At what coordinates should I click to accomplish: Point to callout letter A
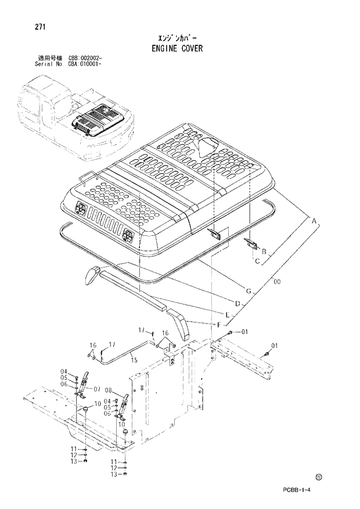point(315,222)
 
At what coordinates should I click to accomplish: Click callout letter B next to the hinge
point(264,251)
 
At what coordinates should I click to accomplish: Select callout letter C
point(256,261)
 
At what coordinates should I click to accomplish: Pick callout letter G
point(248,291)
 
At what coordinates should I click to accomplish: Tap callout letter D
point(237,303)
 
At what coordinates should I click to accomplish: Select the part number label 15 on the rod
point(134,361)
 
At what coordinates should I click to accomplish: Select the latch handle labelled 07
point(84,382)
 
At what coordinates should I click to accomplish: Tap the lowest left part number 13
point(74,462)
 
